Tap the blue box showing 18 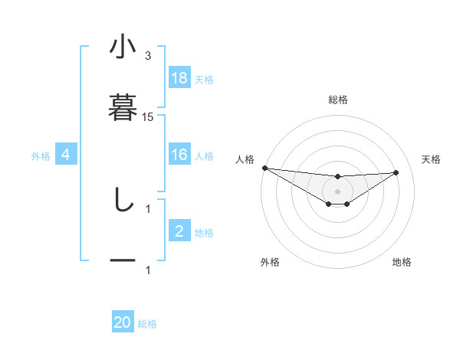[x=179, y=78]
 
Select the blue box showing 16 [x=179, y=155]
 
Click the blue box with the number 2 [x=179, y=231]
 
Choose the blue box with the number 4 [x=66, y=155]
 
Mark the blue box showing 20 [x=123, y=323]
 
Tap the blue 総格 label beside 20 [x=147, y=324]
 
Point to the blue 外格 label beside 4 [x=41, y=156]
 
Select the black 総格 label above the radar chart [x=337, y=100]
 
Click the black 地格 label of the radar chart [x=402, y=262]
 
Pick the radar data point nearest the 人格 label [x=264, y=168]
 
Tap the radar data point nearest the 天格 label [x=396, y=172]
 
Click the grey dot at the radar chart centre [x=337, y=191]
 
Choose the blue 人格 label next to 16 [x=204, y=156]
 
